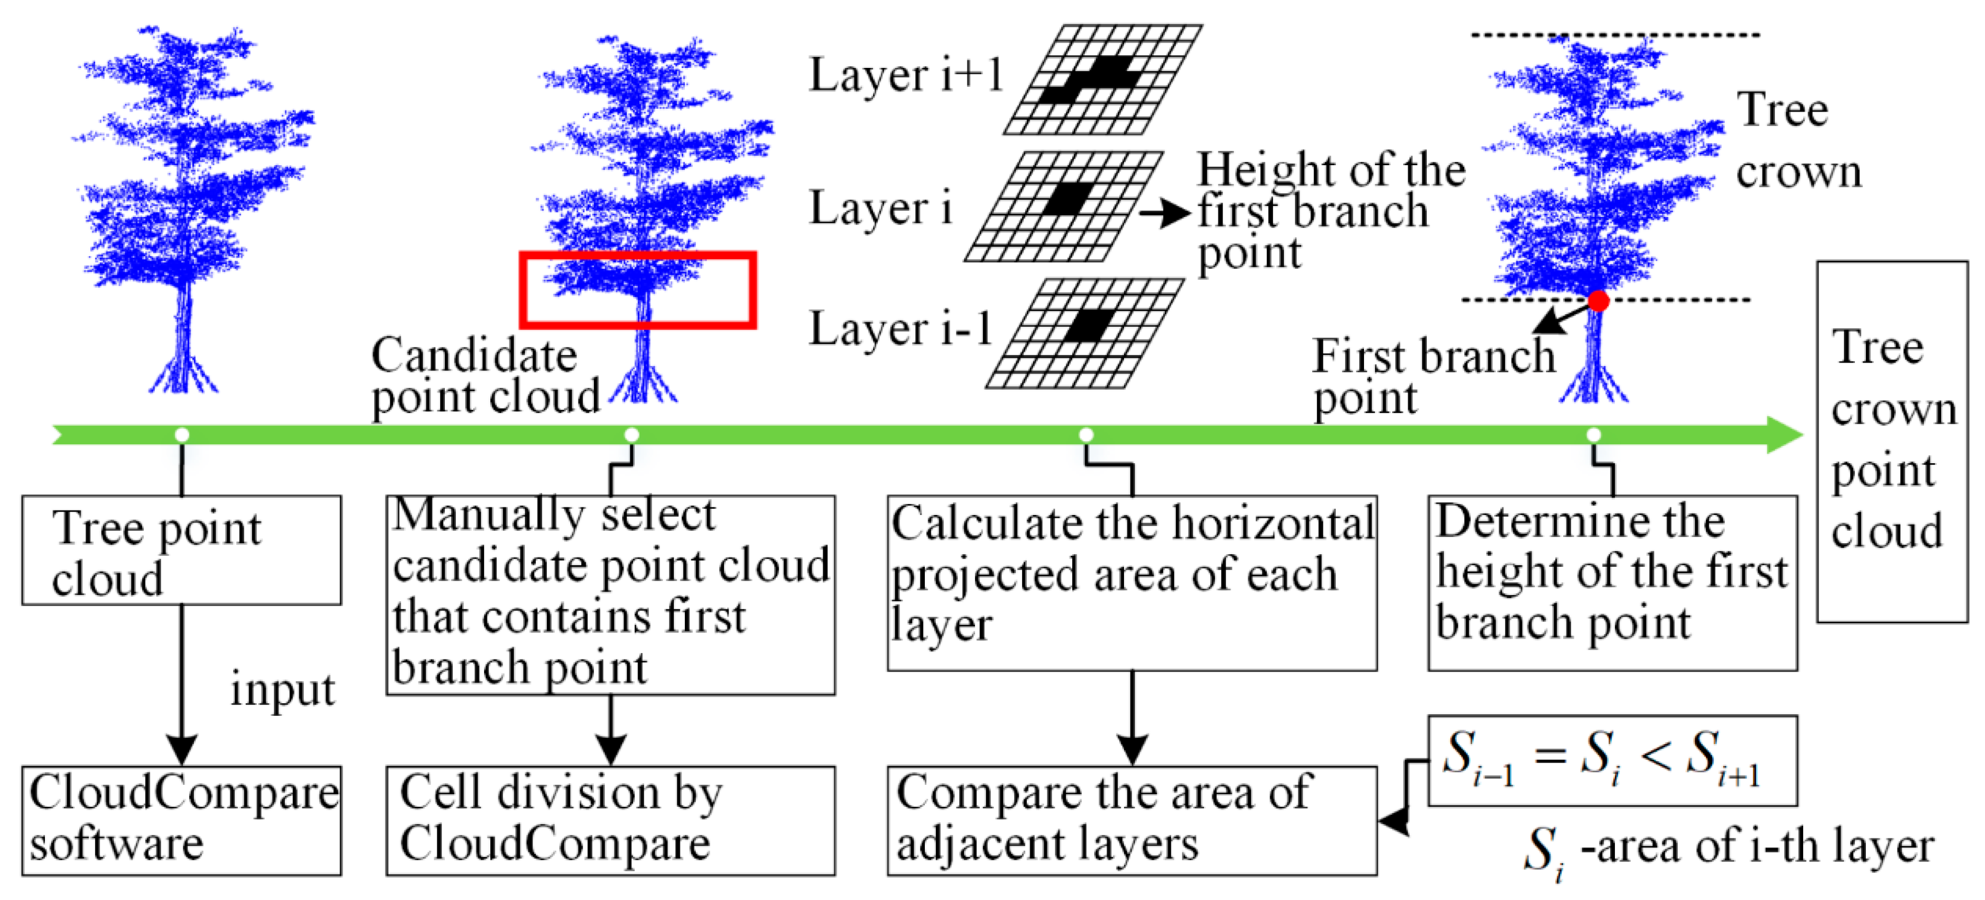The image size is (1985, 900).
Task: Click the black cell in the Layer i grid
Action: coord(1067,198)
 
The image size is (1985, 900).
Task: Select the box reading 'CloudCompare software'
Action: coord(182,820)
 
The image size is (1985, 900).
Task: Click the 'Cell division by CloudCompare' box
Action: coord(610,820)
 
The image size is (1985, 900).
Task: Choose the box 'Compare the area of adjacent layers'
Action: coord(1131,820)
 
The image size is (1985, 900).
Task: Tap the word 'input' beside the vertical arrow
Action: coord(283,689)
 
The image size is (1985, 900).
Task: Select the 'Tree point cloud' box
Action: coord(182,550)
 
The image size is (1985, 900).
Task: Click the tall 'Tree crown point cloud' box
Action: coord(1892,441)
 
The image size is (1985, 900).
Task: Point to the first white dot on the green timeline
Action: coord(182,436)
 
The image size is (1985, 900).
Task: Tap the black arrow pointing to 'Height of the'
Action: coord(1164,213)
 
